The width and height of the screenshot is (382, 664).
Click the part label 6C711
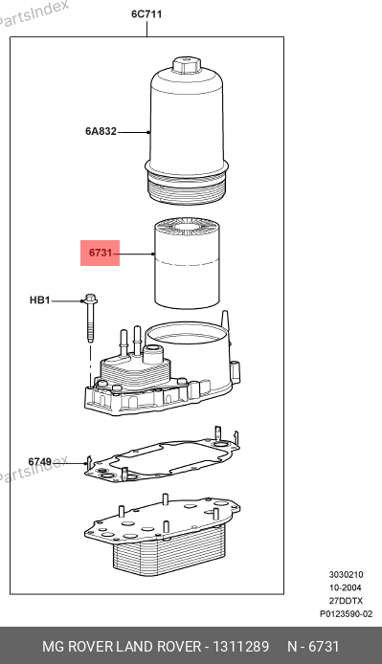click(x=146, y=14)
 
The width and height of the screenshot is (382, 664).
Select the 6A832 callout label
click(x=101, y=131)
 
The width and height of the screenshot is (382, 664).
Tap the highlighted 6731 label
click(x=101, y=253)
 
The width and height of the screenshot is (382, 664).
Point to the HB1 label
click(x=40, y=300)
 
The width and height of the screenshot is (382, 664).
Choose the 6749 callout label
click(x=40, y=461)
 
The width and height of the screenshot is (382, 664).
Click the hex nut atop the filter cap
click(x=186, y=66)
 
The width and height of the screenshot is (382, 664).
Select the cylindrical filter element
click(x=187, y=262)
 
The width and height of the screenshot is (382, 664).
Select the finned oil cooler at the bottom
click(x=162, y=538)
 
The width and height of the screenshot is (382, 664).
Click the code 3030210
click(x=346, y=575)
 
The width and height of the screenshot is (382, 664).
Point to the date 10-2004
click(x=346, y=587)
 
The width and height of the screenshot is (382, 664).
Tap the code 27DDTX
click(x=346, y=601)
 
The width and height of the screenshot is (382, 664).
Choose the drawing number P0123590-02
click(x=346, y=614)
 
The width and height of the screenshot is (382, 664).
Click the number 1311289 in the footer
click(x=240, y=646)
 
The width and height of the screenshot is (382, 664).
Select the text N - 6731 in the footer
click(x=313, y=646)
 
